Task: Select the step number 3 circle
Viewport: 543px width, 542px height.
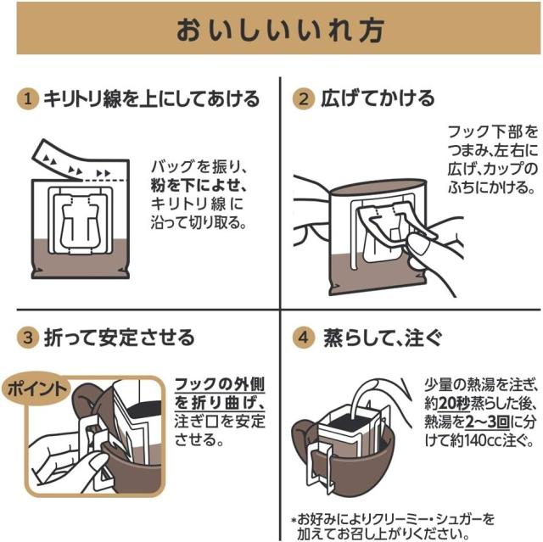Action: click(x=29, y=338)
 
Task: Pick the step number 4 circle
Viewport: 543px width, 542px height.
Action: click(x=303, y=338)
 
